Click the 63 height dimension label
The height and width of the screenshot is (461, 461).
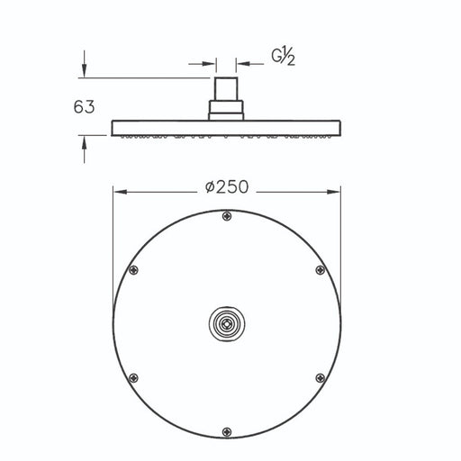click(x=84, y=107)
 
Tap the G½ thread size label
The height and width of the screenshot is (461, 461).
click(x=283, y=57)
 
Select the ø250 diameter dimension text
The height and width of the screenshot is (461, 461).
click(x=227, y=187)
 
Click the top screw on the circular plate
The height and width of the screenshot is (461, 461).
click(x=227, y=216)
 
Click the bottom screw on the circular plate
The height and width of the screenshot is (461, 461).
click(x=227, y=432)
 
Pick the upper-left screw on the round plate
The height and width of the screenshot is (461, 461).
click(x=133, y=270)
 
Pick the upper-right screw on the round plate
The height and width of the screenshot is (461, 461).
click(x=321, y=270)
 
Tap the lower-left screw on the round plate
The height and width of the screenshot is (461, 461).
click(x=133, y=378)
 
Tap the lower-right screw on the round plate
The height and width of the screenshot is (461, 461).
click(x=321, y=378)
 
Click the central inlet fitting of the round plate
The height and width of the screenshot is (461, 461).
click(x=227, y=323)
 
